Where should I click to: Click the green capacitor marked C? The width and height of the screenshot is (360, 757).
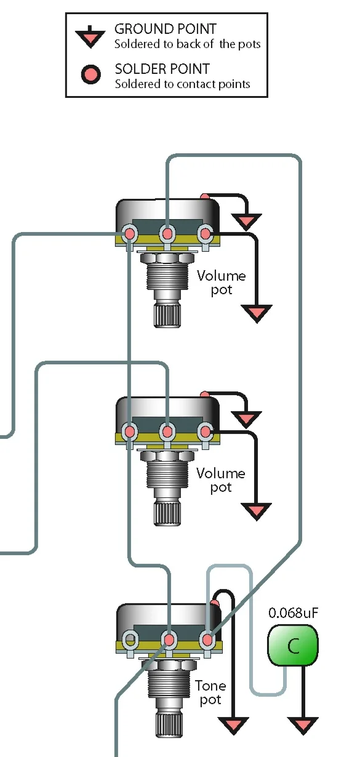(x=293, y=645)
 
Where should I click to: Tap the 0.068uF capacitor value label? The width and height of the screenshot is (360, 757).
(x=293, y=613)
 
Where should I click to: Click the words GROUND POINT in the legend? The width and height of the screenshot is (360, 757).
(x=166, y=29)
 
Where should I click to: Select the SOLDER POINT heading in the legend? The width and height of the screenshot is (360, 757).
(x=162, y=69)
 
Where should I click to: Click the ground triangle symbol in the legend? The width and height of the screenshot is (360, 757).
(x=90, y=36)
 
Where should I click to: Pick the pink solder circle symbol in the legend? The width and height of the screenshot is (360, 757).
(x=90, y=74)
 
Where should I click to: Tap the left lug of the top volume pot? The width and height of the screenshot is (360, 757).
(x=129, y=233)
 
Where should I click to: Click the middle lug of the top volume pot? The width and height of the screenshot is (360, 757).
(x=167, y=233)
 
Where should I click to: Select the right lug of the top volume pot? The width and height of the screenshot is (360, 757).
(x=205, y=233)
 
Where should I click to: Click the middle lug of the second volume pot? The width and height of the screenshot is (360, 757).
(x=167, y=431)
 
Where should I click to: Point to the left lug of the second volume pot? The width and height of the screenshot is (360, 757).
(x=129, y=431)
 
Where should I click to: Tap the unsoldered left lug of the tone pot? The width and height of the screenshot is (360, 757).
(x=130, y=639)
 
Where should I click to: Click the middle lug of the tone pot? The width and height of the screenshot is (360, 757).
(x=169, y=639)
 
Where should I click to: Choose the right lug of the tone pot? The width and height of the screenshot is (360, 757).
(x=207, y=639)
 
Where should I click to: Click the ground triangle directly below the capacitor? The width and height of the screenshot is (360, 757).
(x=303, y=726)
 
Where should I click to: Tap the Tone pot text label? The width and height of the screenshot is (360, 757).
(x=210, y=694)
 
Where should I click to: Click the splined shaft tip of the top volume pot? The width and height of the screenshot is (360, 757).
(x=167, y=315)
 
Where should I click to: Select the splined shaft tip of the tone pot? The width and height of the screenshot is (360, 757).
(x=169, y=724)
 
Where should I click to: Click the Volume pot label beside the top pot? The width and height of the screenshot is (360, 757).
(x=222, y=283)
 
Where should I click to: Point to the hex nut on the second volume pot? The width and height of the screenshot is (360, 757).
(x=167, y=456)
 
